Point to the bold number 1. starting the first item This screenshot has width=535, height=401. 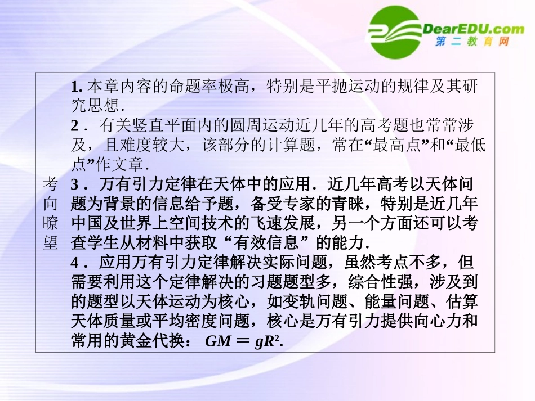(x=77, y=87)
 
